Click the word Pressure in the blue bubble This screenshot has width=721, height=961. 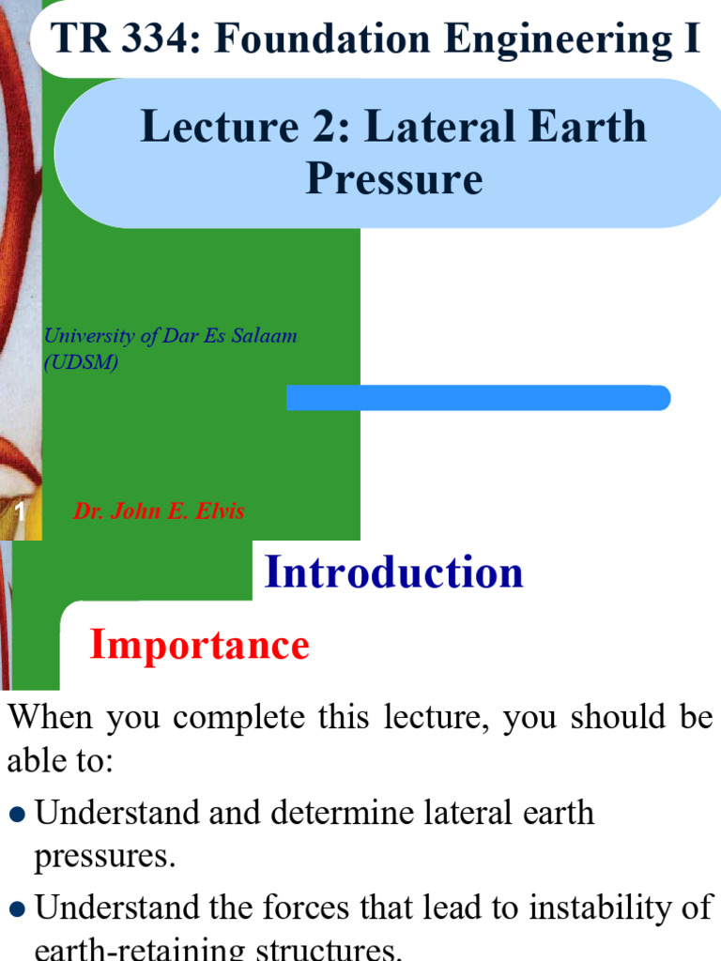click(394, 177)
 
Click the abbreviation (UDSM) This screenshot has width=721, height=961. click(82, 362)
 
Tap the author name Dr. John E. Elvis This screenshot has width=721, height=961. click(159, 511)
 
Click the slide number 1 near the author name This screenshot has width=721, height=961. click(19, 512)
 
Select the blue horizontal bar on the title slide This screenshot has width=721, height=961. click(478, 398)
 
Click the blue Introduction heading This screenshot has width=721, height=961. click(394, 572)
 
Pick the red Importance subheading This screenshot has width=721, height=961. click(199, 646)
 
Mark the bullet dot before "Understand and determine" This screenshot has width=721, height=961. click(17, 814)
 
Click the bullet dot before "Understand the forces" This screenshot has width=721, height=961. click(17, 908)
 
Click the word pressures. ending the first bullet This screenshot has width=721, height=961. click(104, 857)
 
